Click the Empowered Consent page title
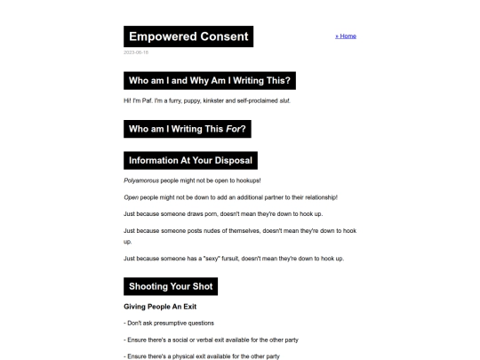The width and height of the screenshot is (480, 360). coord(188,36)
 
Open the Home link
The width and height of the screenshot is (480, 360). coord(346,36)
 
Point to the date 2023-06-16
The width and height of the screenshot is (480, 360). coord(136,52)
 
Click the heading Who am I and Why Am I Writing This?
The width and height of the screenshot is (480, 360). coord(210,81)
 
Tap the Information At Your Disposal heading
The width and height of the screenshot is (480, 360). coord(191,161)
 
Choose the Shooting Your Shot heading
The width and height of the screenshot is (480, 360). coord(171,286)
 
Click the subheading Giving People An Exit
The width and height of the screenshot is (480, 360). coord(164,307)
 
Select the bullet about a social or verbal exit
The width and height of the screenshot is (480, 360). coord(208,340)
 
